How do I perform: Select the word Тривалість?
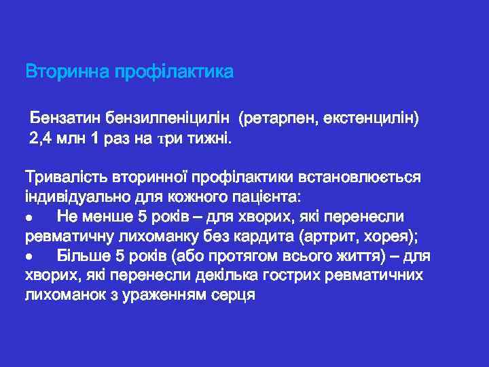tap(64, 177)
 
